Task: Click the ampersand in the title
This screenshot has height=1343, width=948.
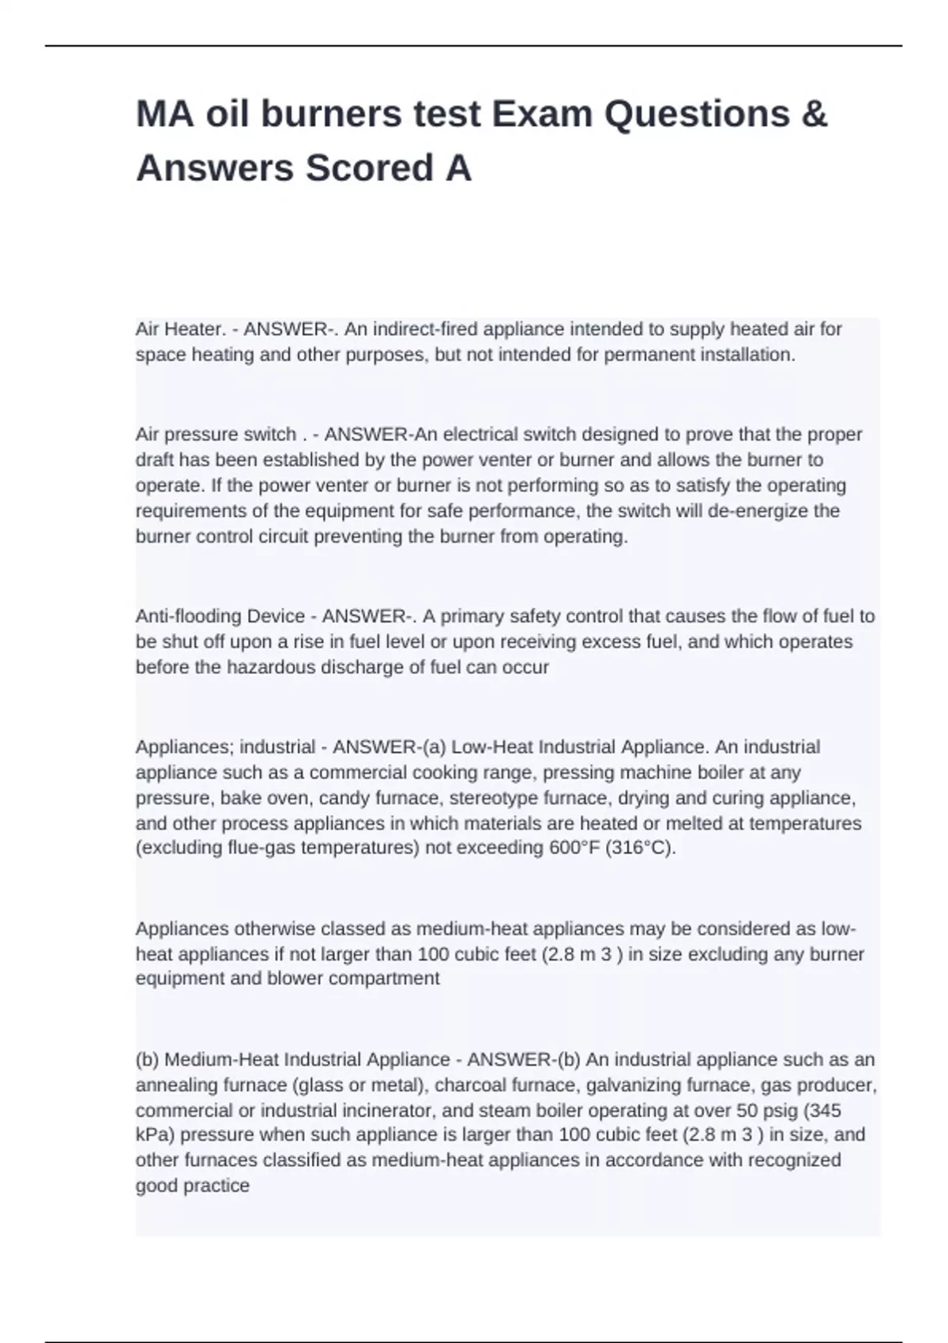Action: click(814, 114)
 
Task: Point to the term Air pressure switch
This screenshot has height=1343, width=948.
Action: click(216, 434)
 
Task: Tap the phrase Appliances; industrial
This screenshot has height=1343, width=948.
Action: click(226, 747)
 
